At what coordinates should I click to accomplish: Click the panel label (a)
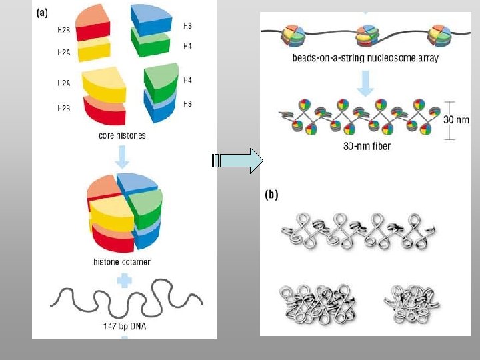click(41, 11)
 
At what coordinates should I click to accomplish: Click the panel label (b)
click(272, 195)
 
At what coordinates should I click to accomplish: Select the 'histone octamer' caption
click(121, 262)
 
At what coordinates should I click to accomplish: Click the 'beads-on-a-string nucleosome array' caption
click(365, 58)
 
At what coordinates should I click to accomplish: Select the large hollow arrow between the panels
click(240, 161)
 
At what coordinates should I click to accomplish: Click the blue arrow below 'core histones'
click(123, 157)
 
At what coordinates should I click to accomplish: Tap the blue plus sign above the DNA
click(123, 281)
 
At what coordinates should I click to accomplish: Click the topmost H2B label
click(63, 30)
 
